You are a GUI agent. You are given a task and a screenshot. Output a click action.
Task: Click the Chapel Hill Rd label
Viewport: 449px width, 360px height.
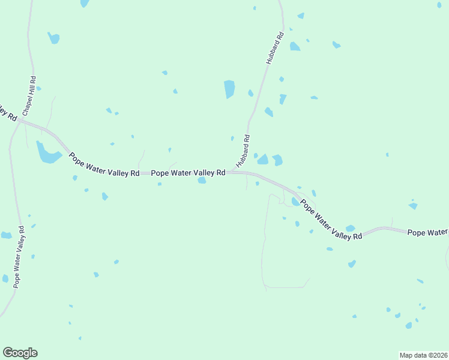[x=28, y=96]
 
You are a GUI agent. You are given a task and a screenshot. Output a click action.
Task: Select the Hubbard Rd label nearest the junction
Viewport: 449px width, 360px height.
[x=243, y=151]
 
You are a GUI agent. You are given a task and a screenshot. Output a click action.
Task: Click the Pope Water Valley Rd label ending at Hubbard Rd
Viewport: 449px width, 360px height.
[x=188, y=173]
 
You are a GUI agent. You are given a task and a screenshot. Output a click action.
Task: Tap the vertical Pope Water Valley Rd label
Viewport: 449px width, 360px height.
[x=19, y=257]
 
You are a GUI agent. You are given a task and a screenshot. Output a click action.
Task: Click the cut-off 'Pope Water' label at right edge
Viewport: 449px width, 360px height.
[x=427, y=232]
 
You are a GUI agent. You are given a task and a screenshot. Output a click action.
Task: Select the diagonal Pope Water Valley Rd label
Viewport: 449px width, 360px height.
[x=331, y=220]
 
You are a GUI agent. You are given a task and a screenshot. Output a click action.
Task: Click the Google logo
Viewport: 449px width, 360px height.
[x=20, y=353]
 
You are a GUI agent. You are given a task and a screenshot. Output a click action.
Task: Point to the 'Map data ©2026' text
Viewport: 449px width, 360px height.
[x=424, y=355]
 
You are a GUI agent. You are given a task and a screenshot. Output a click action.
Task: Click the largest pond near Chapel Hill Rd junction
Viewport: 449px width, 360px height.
[x=47, y=154]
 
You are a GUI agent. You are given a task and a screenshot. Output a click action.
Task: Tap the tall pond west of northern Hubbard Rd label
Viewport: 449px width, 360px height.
[x=229, y=89]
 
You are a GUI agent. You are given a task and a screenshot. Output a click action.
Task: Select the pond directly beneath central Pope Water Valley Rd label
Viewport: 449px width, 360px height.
[x=202, y=180]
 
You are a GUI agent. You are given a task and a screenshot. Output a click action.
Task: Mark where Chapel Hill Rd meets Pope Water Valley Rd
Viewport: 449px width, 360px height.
[x=20, y=120]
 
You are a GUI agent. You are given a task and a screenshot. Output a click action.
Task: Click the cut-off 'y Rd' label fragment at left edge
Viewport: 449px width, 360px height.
[x=7, y=112]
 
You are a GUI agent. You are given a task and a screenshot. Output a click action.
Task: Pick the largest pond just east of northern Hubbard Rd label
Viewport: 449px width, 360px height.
[x=295, y=46]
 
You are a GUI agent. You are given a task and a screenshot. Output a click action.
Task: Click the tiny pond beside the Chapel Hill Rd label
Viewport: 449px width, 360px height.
[x=39, y=88]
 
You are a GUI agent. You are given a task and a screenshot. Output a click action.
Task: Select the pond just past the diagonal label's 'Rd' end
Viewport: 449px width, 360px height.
[x=350, y=229]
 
